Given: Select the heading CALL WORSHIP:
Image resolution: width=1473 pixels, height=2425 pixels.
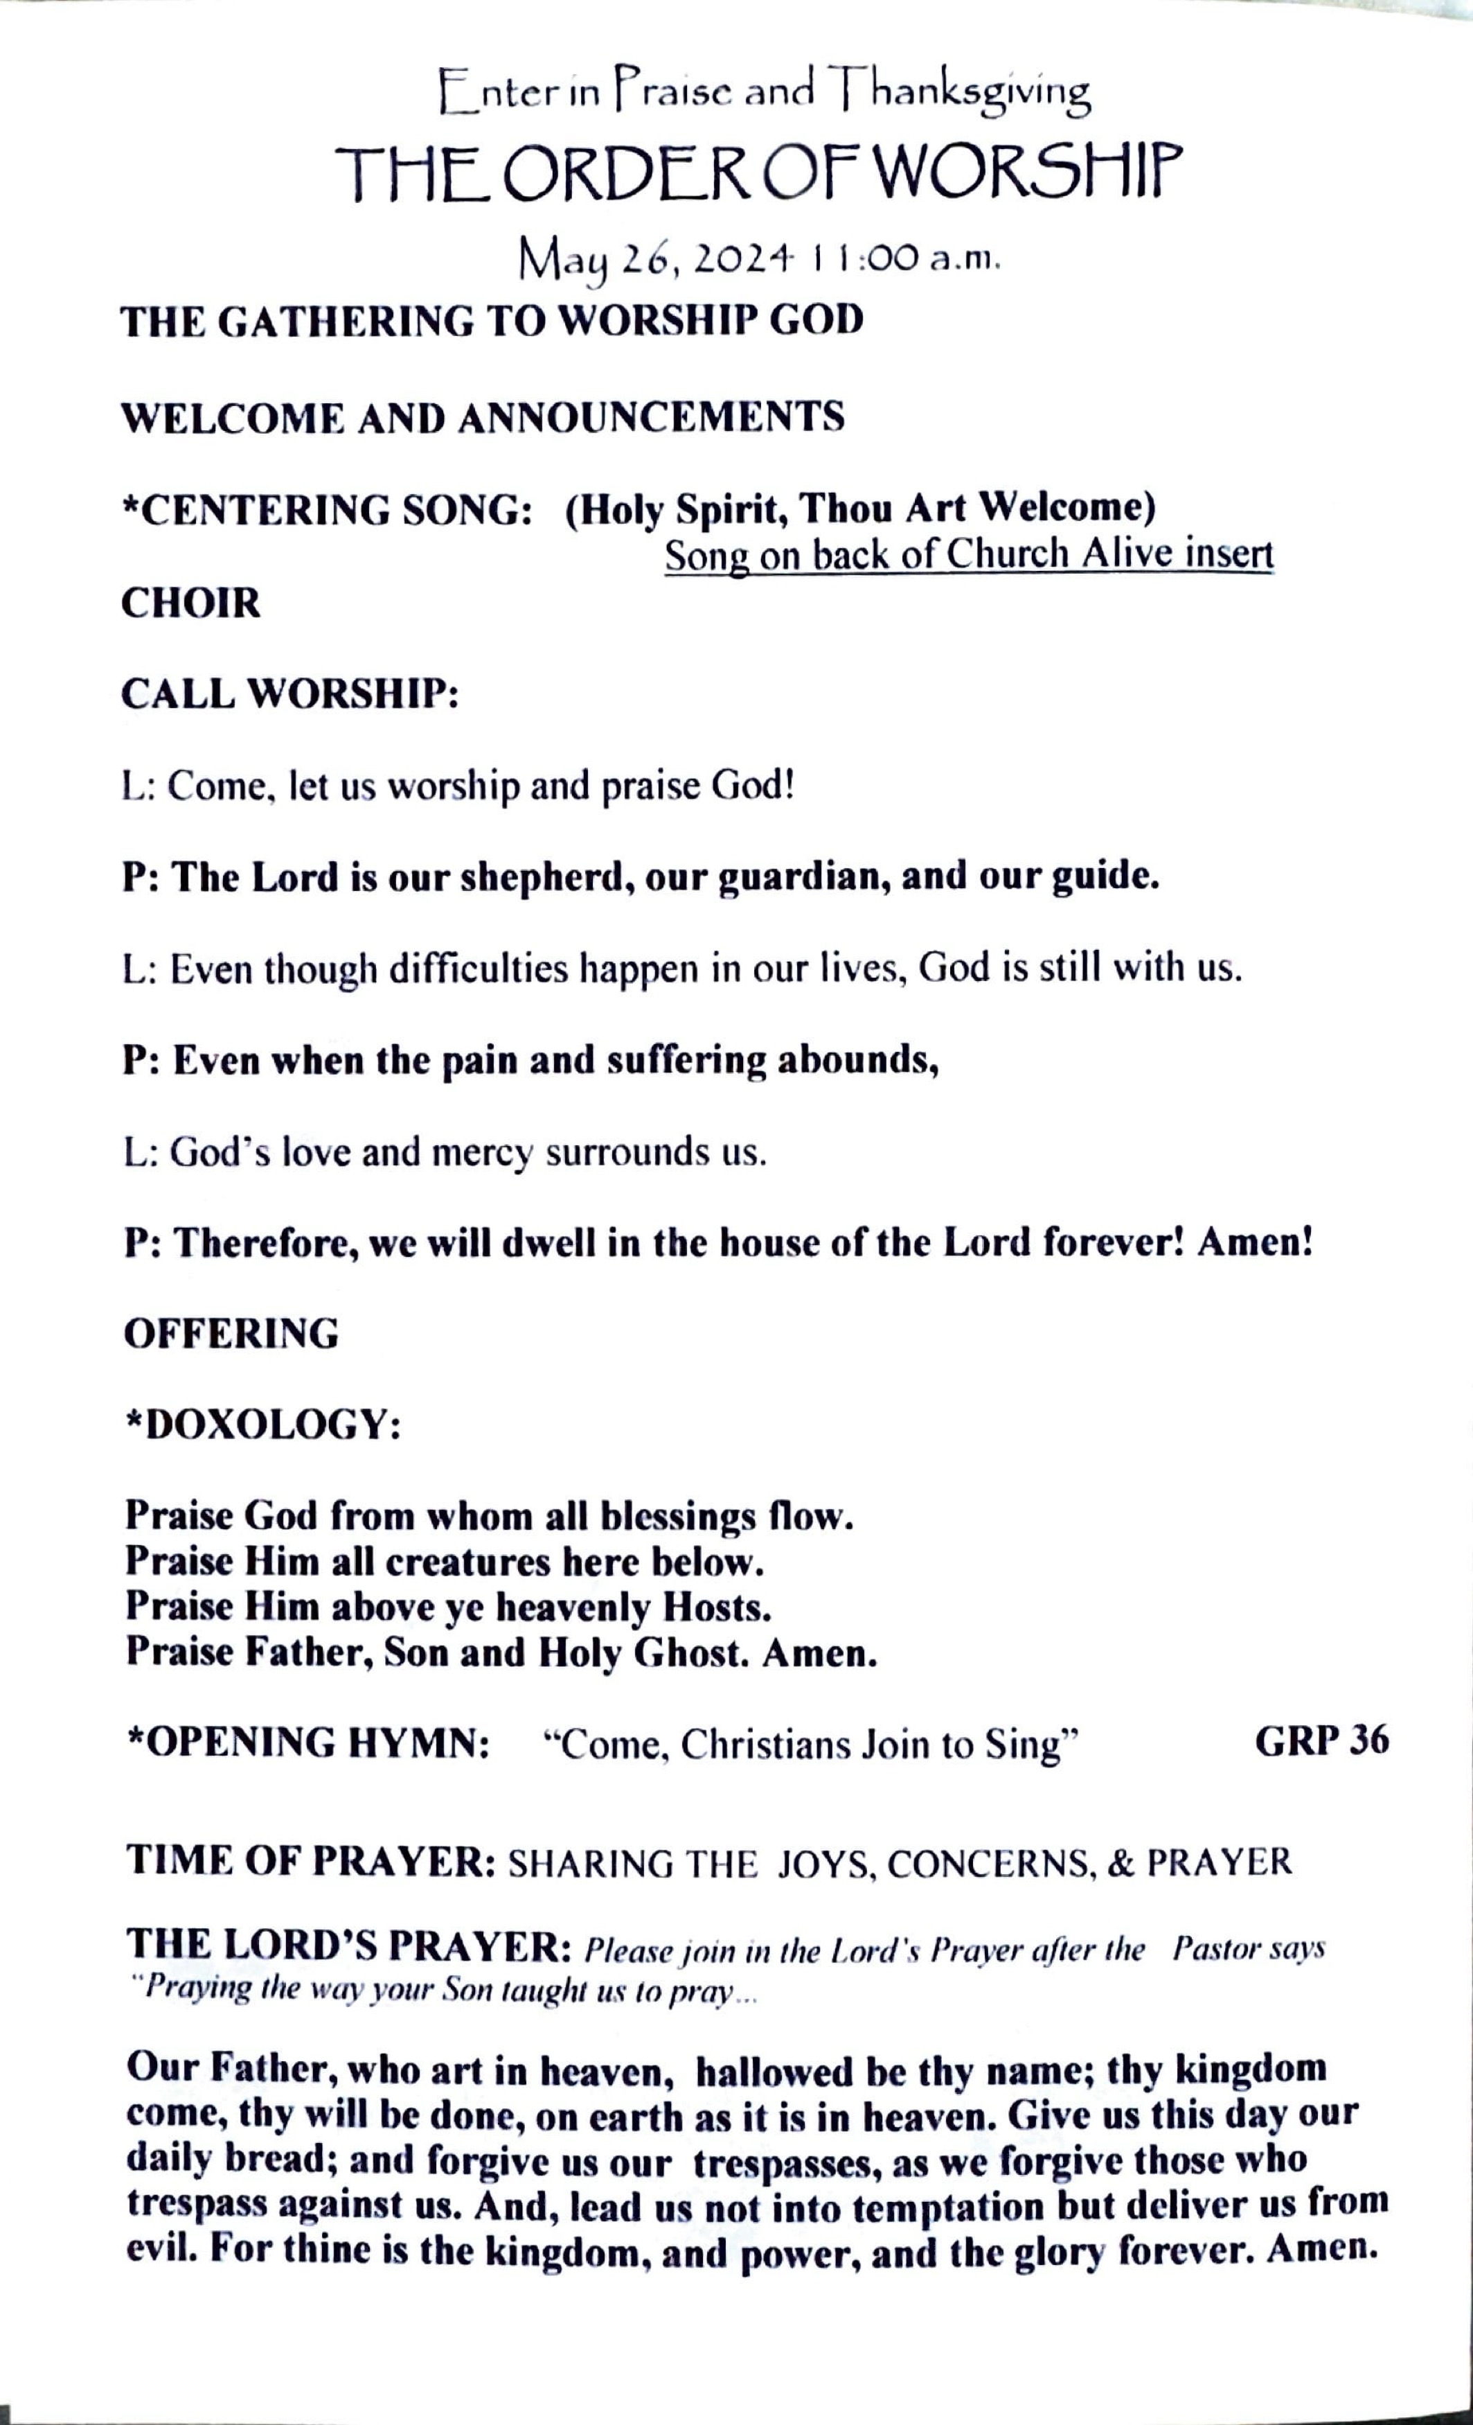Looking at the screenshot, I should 290,695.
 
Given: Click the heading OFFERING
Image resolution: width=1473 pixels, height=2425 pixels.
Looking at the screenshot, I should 231,1334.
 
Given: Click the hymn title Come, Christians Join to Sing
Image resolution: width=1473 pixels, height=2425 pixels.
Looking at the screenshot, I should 812,1744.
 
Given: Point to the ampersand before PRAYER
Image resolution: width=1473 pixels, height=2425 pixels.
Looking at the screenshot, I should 1118,1862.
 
